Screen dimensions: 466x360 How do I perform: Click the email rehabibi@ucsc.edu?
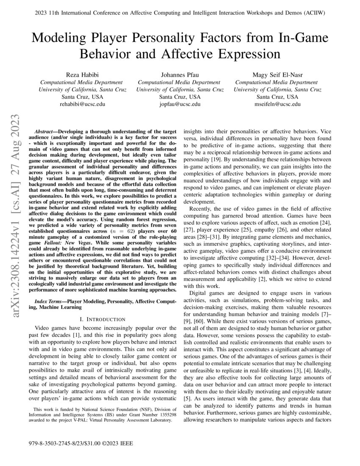[x=82, y=104]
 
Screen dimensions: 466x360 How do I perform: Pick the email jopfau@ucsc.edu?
[x=180, y=104]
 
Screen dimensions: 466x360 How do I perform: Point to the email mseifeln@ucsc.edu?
[x=278, y=104]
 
